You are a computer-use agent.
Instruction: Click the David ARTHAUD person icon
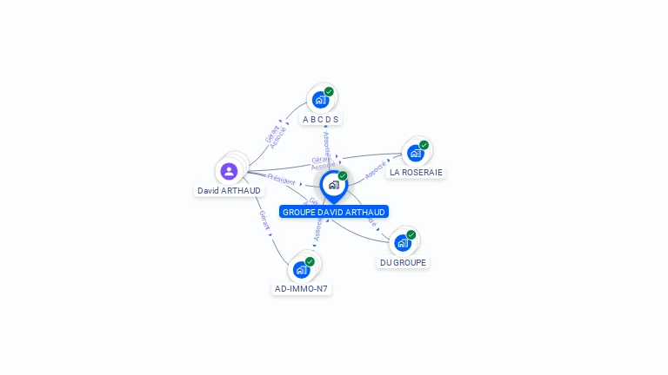point(229,171)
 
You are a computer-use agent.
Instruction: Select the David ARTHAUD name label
point(229,191)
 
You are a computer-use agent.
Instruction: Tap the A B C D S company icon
point(320,100)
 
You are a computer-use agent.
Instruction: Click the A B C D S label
point(320,119)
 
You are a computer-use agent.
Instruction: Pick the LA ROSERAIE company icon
point(415,153)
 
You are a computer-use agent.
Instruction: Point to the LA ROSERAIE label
point(416,172)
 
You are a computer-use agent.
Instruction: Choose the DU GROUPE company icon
point(403,242)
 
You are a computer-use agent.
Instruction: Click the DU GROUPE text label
point(404,262)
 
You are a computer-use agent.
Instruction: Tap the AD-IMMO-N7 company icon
point(301,269)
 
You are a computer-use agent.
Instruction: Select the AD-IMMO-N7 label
point(302,288)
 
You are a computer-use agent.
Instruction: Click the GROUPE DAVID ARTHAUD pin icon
point(333,185)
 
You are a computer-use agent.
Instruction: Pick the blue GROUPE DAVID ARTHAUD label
point(334,212)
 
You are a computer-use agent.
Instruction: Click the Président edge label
point(281,179)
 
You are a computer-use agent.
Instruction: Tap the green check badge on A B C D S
point(329,92)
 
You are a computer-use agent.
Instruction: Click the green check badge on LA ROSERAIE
point(424,145)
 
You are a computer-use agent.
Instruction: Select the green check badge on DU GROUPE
point(411,234)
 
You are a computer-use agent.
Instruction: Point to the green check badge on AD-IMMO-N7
point(310,261)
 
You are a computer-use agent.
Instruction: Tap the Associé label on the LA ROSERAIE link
point(376,169)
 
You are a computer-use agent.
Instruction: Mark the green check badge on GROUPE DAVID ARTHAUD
point(343,176)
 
